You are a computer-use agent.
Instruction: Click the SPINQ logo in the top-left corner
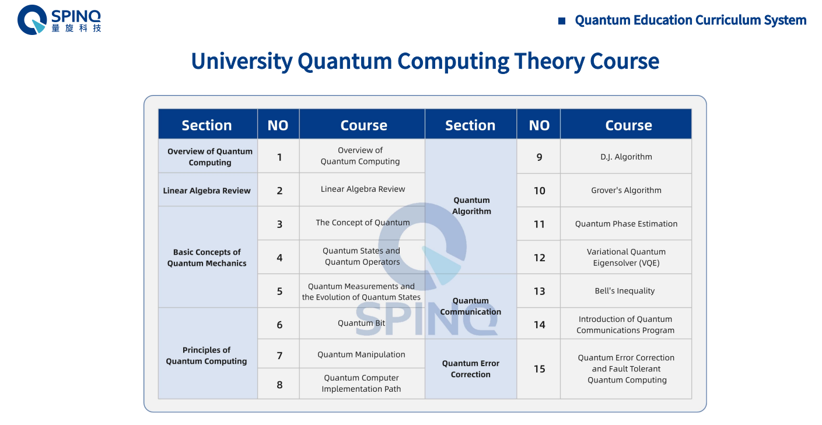click(58, 20)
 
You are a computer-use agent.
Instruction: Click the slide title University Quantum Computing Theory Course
click(425, 61)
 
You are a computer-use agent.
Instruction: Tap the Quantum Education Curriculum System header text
click(690, 20)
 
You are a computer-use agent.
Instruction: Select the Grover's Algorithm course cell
click(626, 190)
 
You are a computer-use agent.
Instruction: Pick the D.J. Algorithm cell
click(626, 157)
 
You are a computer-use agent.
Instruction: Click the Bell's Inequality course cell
click(625, 291)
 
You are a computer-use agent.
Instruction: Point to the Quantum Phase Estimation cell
click(626, 224)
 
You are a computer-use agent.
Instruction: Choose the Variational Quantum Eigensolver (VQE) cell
click(626, 257)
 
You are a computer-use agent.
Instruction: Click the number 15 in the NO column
click(539, 369)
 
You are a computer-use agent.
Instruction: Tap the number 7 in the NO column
click(279, 355)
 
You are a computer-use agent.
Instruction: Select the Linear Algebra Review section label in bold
click(207, 191)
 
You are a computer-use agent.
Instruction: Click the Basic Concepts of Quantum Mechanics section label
click(207, 258)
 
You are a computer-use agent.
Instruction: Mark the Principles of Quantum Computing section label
click(207, 356)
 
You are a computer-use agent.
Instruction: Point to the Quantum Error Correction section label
click(470, 369)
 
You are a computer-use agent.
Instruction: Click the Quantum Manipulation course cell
click(361, 354)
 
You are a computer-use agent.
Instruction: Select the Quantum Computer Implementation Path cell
click(361, 384)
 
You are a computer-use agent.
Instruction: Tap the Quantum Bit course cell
click(361, 324)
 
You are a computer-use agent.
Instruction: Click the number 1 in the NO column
click(279, 157)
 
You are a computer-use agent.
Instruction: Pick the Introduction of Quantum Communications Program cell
click(625, 325)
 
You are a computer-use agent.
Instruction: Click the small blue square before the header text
click(562, 21)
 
